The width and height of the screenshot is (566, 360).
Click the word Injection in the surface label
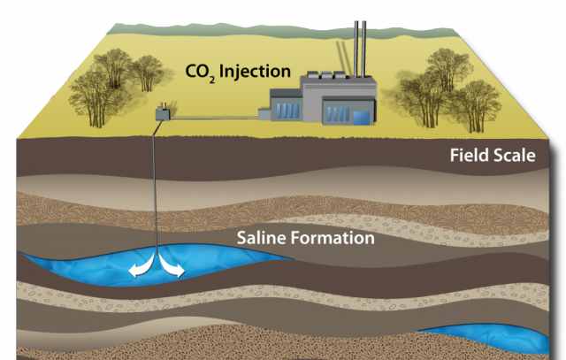coord(255,72)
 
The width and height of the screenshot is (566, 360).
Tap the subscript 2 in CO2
coord(212,80)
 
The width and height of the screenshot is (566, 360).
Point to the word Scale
coord(515,156)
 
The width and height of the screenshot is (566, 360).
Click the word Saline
coord(262,238)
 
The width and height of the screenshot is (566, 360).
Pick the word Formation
coord(333,238)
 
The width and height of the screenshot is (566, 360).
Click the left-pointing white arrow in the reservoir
coord(141,266)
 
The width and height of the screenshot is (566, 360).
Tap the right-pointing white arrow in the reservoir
coord(172,266)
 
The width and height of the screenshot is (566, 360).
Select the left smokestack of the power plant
coord(356,50)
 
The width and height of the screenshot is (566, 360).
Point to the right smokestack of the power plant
coord(363,50)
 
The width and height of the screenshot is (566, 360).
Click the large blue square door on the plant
coord(362,118)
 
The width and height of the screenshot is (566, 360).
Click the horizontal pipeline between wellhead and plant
coord(214,118)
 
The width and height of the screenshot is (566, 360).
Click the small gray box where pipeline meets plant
coord(264,115)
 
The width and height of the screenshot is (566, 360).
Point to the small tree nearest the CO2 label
coord(148,73)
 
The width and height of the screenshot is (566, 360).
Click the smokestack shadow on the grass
coord(342,58)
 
